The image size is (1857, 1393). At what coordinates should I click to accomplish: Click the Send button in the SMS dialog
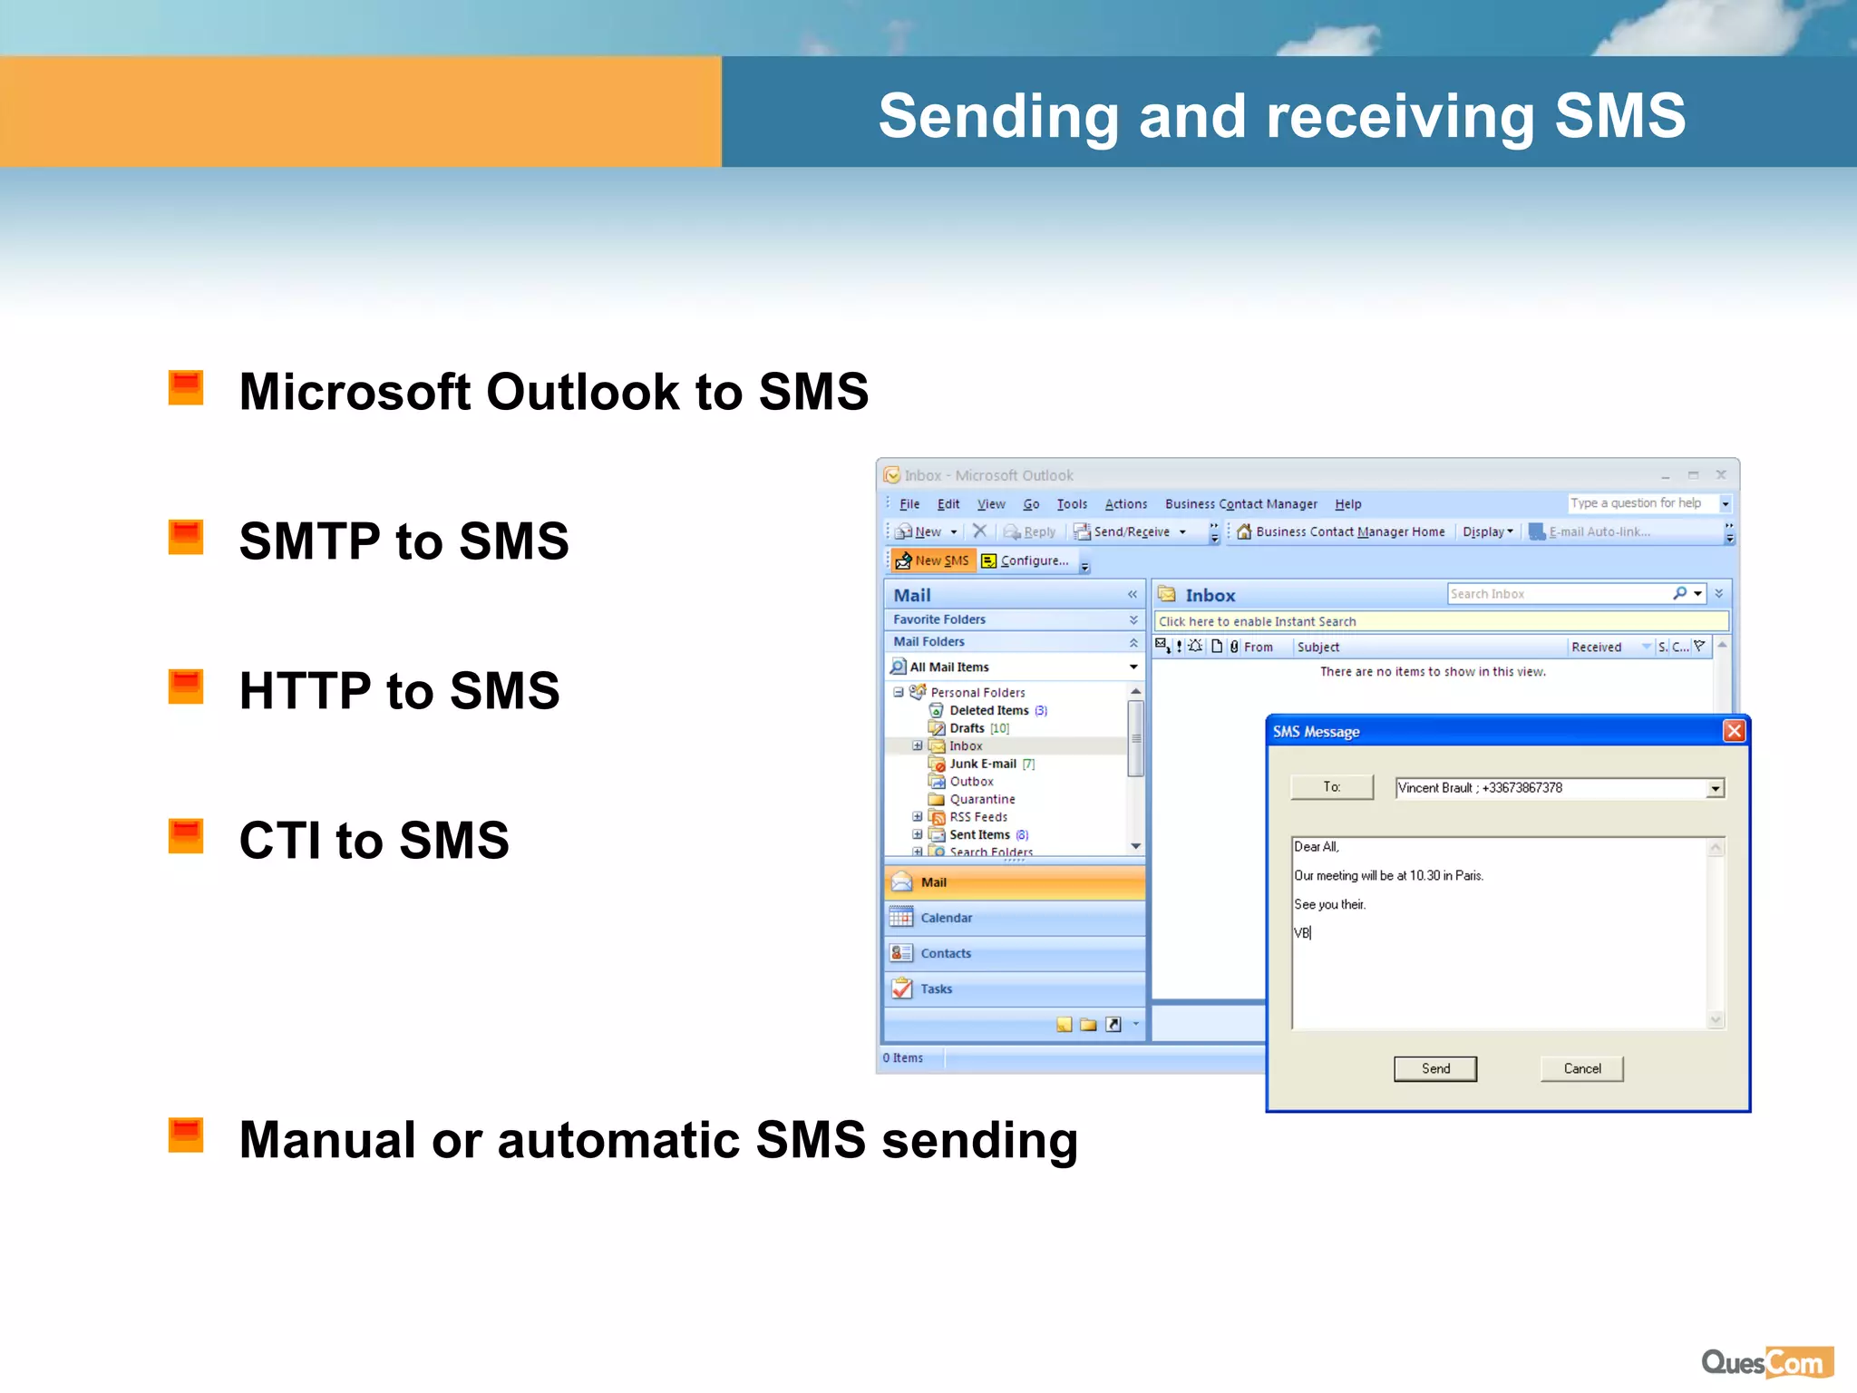point(1434,1068)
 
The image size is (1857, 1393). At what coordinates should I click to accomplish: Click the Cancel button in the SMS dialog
point(1581,1068)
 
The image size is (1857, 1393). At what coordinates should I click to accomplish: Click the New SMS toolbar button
point(932,560)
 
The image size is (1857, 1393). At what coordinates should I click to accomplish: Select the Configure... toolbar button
point(1026,560)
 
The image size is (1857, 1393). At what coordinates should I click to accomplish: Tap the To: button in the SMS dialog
point(1331,786)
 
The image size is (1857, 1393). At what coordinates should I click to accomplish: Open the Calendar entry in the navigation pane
point(946,918)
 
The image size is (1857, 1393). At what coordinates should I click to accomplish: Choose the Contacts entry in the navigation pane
point(945,953)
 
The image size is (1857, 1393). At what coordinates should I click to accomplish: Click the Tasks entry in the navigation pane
point(936,989)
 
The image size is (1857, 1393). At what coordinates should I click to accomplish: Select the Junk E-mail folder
point(982,764)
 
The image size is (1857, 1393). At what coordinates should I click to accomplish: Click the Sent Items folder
point(979,834)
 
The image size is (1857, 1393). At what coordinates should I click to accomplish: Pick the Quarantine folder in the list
point(982,799)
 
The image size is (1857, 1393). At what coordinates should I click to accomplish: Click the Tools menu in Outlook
point(1071,504)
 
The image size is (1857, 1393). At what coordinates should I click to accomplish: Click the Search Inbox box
point(1558,594)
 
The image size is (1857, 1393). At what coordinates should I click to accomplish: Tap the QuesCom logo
point(1766,1362)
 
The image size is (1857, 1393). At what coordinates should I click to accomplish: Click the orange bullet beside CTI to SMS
point(186,836)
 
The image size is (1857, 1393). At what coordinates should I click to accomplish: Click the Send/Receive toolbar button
point(1130,531)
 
